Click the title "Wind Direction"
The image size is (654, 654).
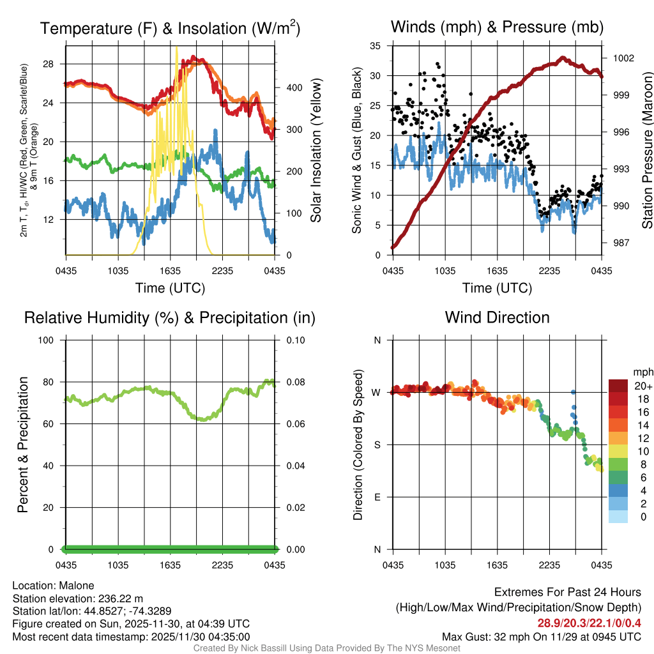[497, 317]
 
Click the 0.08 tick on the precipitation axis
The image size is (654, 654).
[295, 382]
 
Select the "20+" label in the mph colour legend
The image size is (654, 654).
[643, 386]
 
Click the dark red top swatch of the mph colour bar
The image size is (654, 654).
[618, 386]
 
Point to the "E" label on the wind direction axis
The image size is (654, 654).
[377, 497]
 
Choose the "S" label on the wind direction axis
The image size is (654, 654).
[377, 445]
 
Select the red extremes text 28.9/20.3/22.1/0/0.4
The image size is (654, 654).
[589, 623]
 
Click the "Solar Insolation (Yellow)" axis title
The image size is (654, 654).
[316, 150]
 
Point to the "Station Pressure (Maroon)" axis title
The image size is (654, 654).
[646, 150]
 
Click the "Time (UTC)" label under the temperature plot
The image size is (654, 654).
[170, 288]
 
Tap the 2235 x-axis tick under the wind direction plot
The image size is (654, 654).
[550, 565]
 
